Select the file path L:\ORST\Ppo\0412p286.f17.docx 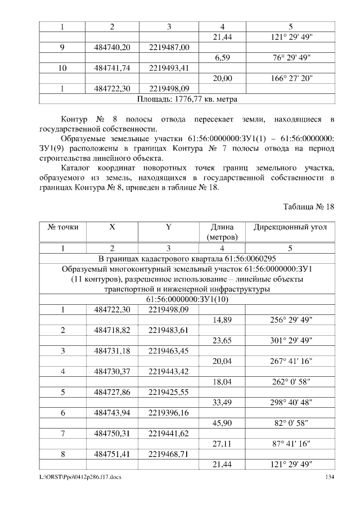point(79,477)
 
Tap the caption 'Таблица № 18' point(308,206)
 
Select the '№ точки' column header point(62,227)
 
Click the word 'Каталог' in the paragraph point(76,168)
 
